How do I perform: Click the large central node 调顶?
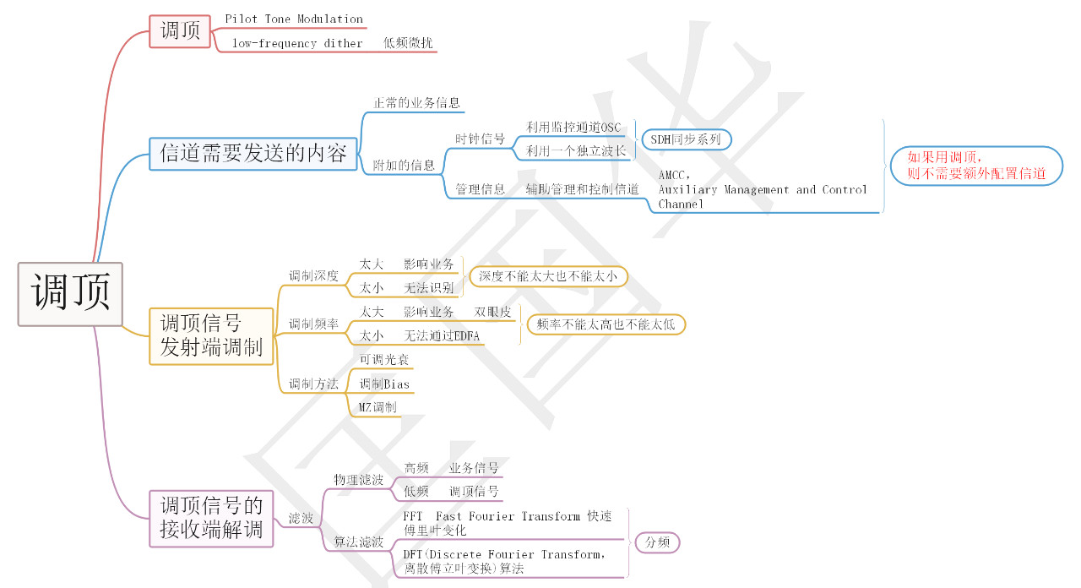(x=70, y=294)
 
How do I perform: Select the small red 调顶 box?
(x=180, y=31)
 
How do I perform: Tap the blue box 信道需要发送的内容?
(x=253, y=153)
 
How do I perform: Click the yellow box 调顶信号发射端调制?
(x=211, y=335)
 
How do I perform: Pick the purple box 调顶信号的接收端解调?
(x=212, y=517)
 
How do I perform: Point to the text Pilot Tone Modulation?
(x=294, y=19)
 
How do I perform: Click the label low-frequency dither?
(x=297, y=43)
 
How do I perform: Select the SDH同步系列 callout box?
(x=686, y=139)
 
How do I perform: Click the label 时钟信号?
(x=480, y=139)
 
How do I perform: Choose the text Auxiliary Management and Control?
(x=763, y=189)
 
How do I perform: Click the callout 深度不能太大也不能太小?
(x=548, y=276)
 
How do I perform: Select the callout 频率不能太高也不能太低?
(x=606, y=324)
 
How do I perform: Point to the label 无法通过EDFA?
(x=443, y=335)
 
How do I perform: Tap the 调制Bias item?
(x=384, y=384)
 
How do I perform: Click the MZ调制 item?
(x=378, y=407)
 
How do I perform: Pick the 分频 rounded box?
(x=657, y=542)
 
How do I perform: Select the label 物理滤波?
(x=358, y=479)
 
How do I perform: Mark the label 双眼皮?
(x=492, y=312)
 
